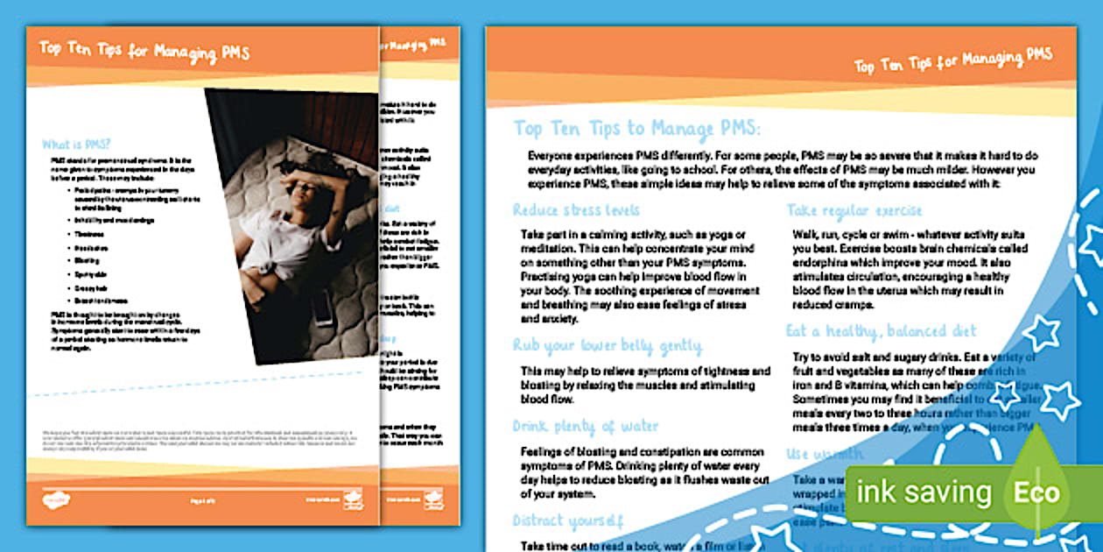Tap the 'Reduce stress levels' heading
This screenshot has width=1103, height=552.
click(576, 210)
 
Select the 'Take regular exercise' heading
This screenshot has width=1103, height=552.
click(854, 210)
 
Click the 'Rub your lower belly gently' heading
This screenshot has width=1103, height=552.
click(607, 345)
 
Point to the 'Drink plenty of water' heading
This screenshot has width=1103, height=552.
click(586, 427)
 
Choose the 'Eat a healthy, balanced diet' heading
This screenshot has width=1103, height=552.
click(881, 331)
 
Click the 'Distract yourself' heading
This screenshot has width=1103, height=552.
click(568, 520)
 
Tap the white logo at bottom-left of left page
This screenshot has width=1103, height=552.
click(57, 500)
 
